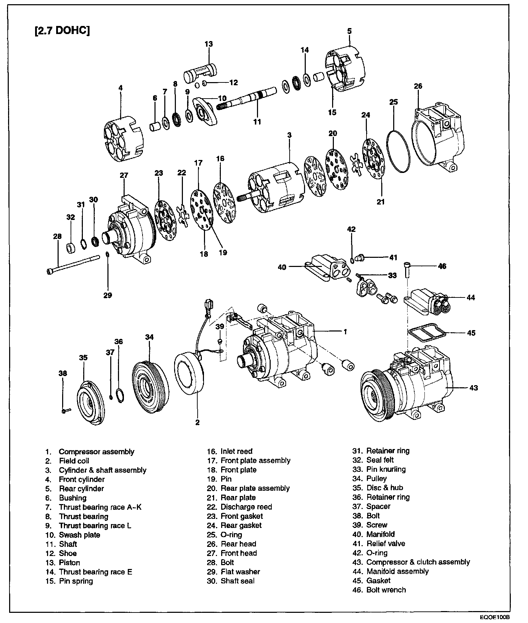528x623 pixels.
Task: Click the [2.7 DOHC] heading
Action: tap(62, 30)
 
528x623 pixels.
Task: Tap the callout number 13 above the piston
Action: tap(209, 44)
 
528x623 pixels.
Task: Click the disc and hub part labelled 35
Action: tap(91, 403)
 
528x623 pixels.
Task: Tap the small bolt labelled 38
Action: tap(65, 410)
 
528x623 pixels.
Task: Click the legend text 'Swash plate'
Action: tap(79, 535)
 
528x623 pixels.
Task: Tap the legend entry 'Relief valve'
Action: tap(386, 543)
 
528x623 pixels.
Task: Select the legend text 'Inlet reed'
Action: tap(237, 451)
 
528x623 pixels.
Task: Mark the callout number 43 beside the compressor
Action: tap(474, 388)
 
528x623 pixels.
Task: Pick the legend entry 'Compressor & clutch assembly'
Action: tap(418, 562)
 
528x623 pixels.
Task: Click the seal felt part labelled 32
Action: tap(71, 248)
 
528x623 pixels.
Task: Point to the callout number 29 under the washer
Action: tap(108, 295)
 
